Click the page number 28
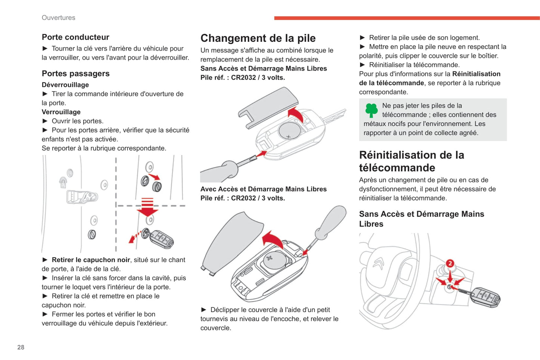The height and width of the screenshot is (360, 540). (x=21, y=347)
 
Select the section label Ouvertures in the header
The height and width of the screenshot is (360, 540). (x=58, y=18)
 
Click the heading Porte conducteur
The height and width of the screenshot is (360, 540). (x=75, y=37)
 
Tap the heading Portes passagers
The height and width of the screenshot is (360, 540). (x=75, y=74)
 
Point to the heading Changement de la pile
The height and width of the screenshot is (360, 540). (x=258, y=38)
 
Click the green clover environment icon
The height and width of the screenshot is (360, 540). (x=371, y=110)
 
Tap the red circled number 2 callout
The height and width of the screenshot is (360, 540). (x=450, y=264)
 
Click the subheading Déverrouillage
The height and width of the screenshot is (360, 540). (x=65, y=85)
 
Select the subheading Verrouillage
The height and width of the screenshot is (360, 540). (x=61, y=112)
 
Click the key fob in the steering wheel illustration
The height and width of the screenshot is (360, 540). (x=485, y=298)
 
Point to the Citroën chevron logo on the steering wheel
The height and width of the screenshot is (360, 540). (x=378, y=264)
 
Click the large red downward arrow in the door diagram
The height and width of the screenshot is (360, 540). (x=148, y=207)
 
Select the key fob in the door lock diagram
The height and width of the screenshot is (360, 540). (x=162, y=238)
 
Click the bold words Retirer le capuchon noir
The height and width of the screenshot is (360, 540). (x=91, y=260)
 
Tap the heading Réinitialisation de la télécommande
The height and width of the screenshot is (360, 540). (x=411, y=161)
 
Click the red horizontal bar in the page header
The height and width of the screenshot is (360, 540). (x=407, y=18)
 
